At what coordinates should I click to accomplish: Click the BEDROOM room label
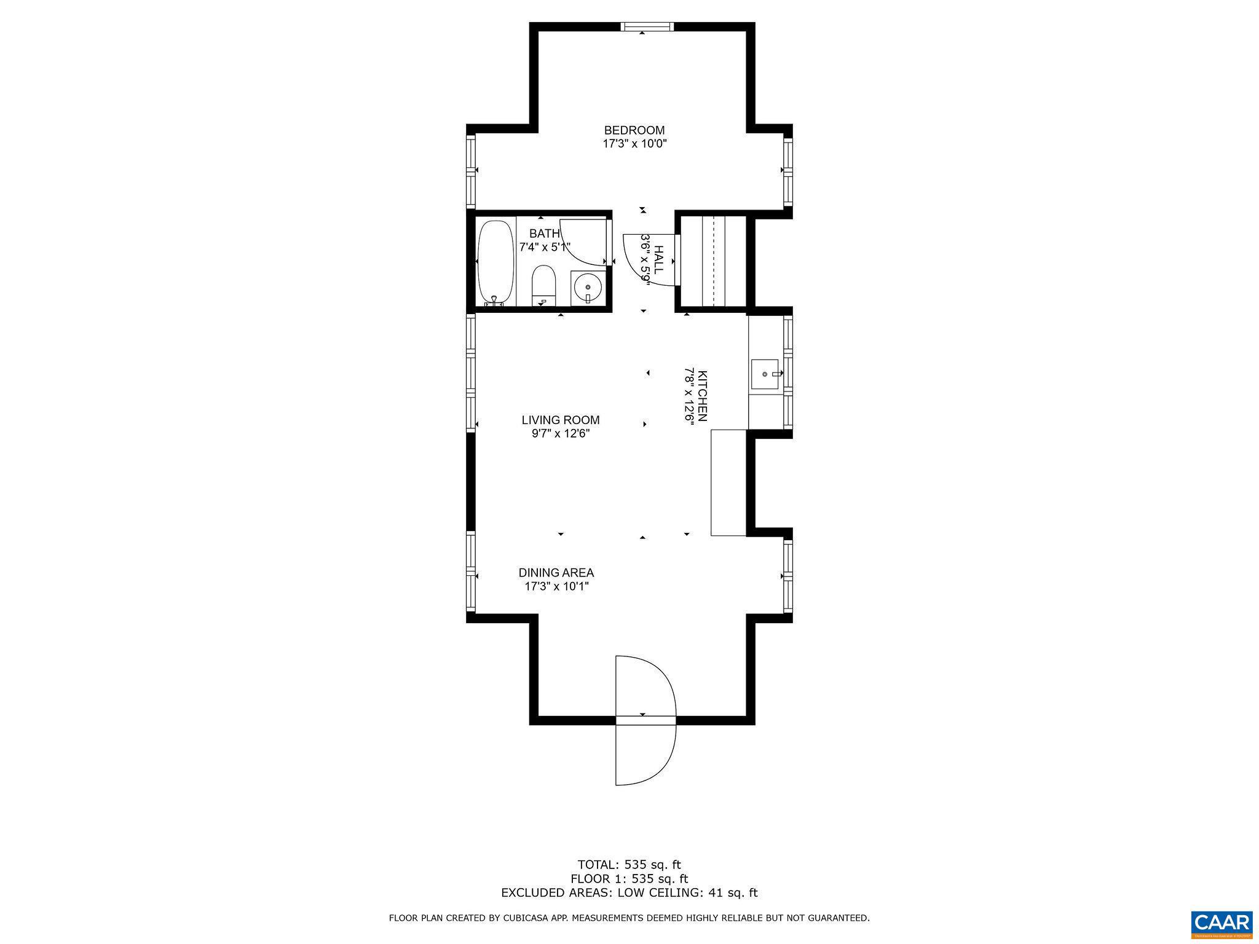[x=634, y=130]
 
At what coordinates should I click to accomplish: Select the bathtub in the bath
[x=495, y=262]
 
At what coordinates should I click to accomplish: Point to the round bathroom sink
[x=588, y=288]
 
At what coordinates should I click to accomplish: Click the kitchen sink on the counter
[x=765, y=374]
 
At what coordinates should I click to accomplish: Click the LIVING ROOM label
[x=560, y=420]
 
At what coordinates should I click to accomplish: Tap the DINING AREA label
[x=556, y=573]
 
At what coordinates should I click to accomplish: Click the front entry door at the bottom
[x=645, y=720]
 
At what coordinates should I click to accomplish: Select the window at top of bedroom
[x=647, y=26]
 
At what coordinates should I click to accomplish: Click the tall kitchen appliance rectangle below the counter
[x=728, y=482]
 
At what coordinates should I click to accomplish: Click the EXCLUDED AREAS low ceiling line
[x=629, y=893]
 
